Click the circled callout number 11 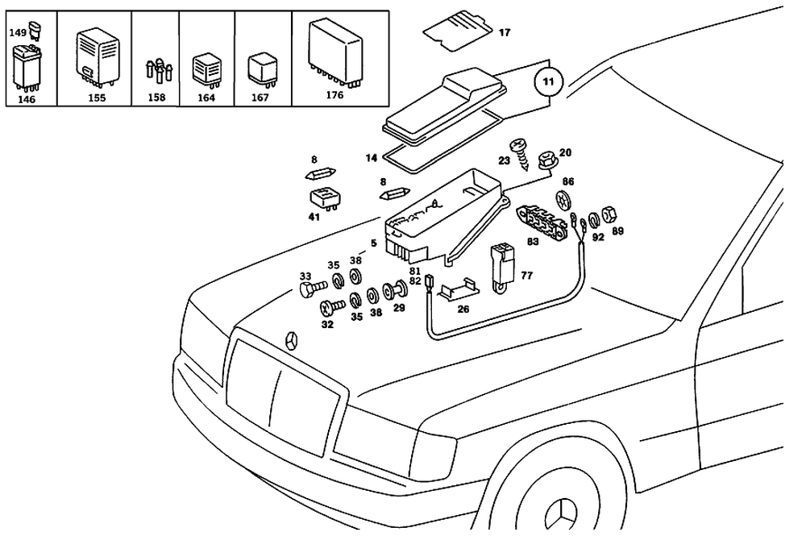coord(548,83)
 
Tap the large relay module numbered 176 coord(334,48)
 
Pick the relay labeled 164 coord(207,70)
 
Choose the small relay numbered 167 coord(262,69)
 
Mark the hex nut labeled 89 coord(610,214)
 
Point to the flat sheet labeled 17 coord(457,28)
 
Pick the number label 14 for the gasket coord(371,158)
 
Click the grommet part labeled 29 coord(397,288)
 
